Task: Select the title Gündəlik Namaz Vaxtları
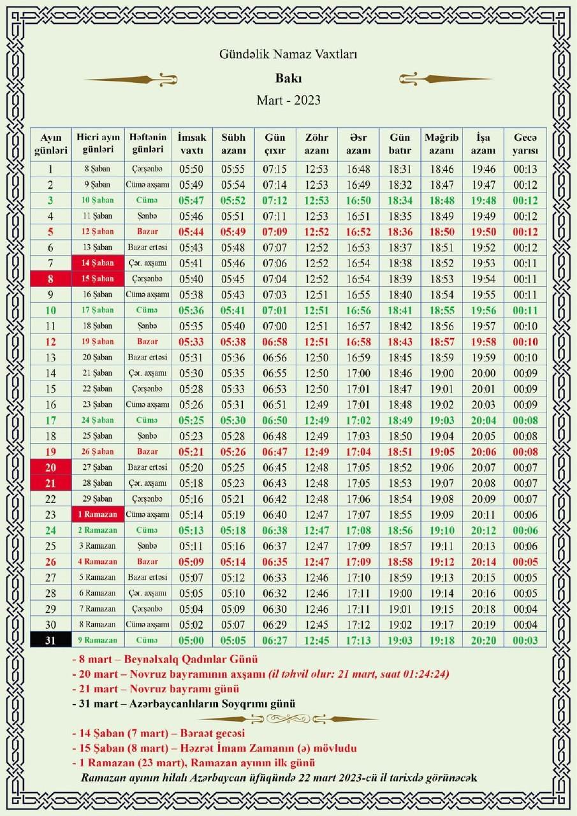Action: [288, 55]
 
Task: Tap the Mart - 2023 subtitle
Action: [288, 100]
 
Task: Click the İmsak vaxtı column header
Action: [192, 144]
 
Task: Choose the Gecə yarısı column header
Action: [525, 144]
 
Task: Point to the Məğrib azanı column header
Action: [441, 144]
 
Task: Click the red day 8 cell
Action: [50, 279]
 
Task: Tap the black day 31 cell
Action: [50, 640]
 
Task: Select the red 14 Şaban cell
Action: [98, 263]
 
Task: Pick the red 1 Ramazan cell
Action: [98, 514]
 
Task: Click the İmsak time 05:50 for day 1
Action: [192, 170]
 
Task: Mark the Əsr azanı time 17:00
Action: [358, 373]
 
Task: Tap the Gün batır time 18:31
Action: [400, 170]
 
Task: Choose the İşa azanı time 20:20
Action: [483, 640]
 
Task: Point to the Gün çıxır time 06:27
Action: [275, 640]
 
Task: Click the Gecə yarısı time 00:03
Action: [525, 640]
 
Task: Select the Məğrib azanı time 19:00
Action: [441, 373]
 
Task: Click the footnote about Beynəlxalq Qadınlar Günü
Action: [165, 659]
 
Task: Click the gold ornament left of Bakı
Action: [131, 80]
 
